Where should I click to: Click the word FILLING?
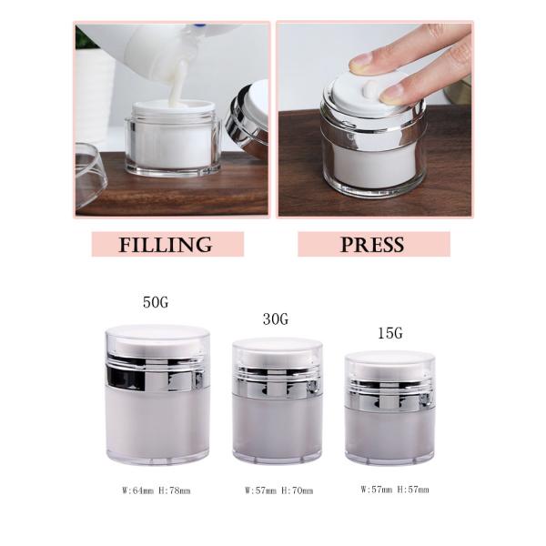[166, 245]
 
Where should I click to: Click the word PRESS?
[372, 245]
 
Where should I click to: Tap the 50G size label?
[156, 302]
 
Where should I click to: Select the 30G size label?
[276, 319]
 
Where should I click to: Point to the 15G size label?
[390, 333]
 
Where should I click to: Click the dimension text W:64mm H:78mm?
[157, 490]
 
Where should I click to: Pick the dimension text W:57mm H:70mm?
[279, 490]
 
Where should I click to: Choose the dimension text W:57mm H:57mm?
[395, 490]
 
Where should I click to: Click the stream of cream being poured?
[178, 83]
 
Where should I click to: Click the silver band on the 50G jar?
[156, 372]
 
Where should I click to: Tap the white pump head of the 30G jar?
[278, 356]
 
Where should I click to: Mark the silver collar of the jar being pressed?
[374, 129]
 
